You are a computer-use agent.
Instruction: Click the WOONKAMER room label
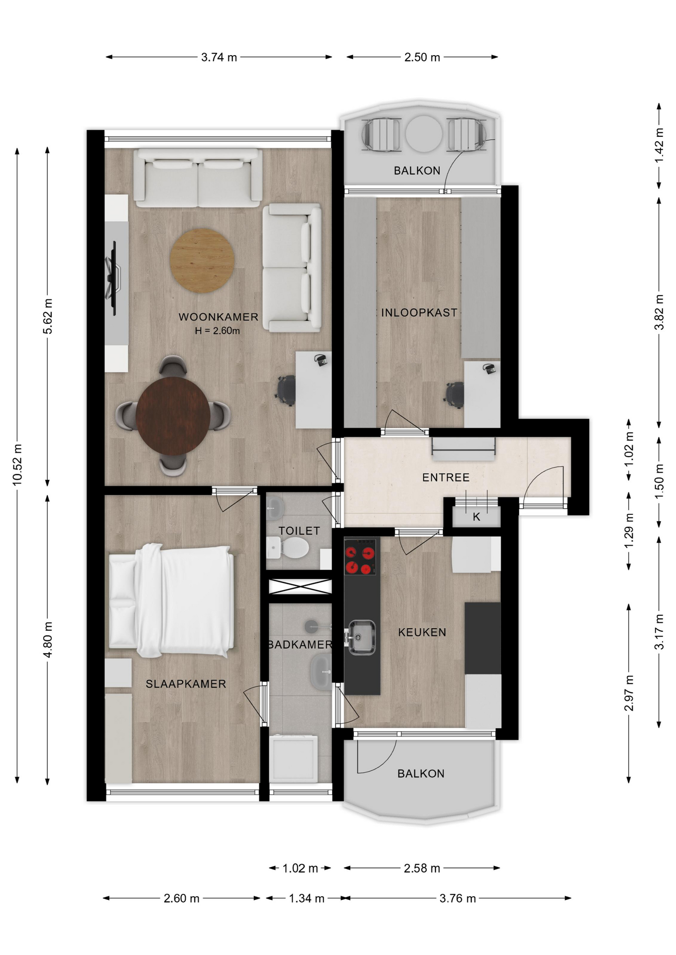(x=218, y=317)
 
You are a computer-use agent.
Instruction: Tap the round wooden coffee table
(x=202, y=260)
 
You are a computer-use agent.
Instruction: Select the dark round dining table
(x=173, y=416)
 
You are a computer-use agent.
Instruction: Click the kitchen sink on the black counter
(x=361, y=637)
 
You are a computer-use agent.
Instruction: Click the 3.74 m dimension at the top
(x=219, y=57)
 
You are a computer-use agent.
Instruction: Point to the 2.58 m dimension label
(x=422, y=868)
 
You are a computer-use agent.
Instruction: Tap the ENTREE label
(x=446, y=477)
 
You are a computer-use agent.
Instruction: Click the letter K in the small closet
(x=476, y=517)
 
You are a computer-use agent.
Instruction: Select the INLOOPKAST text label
(x=419, y=312)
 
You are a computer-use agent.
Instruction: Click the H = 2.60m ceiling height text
(x=218, y=331)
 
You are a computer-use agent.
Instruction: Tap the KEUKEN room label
(x=422, y=632)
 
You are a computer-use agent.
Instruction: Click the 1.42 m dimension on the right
(x=659, y=145)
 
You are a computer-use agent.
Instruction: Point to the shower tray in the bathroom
(x=293, y=759)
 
